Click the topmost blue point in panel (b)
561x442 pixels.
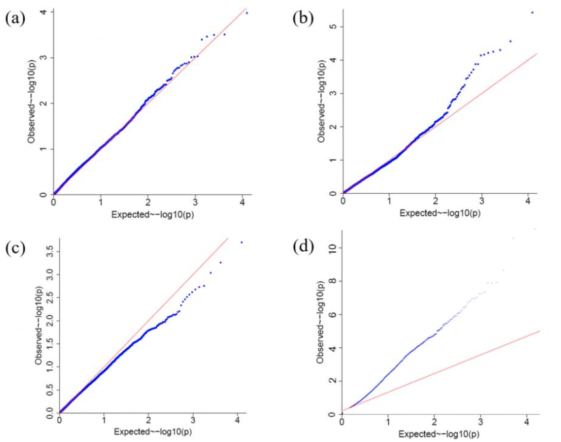[x=532, y=13]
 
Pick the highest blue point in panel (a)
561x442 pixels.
[x=247, y=13]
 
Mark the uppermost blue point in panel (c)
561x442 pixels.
[x=242, y=242]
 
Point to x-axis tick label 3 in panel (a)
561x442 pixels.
[x=196, y=202]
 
